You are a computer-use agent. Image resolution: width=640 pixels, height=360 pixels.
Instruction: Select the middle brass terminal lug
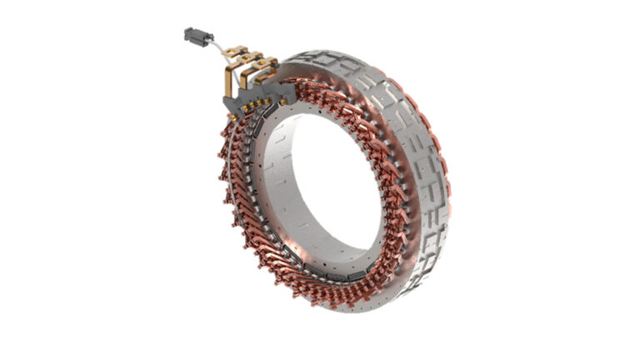251,60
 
